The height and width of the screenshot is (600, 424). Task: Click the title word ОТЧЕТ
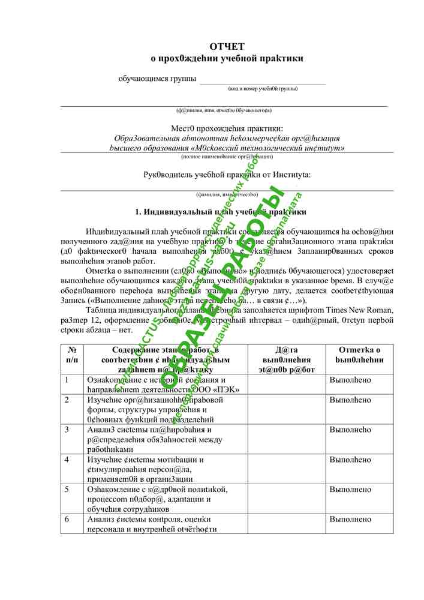point(227,47)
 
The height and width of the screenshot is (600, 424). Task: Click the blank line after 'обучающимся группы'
point(263,80)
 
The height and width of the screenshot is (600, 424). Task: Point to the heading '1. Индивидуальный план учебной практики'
point(221,212)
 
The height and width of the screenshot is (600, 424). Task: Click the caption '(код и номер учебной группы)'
point(263,89)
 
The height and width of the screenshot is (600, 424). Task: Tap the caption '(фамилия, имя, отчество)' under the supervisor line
point(227,194)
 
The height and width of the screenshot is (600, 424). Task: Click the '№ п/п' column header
point(71,355)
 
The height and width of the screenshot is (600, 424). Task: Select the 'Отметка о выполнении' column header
point(359,355)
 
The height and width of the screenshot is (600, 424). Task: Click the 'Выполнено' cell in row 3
point(350,430)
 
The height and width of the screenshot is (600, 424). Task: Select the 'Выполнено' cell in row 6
point(350,519)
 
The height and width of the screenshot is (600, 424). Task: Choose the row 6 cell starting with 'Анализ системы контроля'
point(165,524)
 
